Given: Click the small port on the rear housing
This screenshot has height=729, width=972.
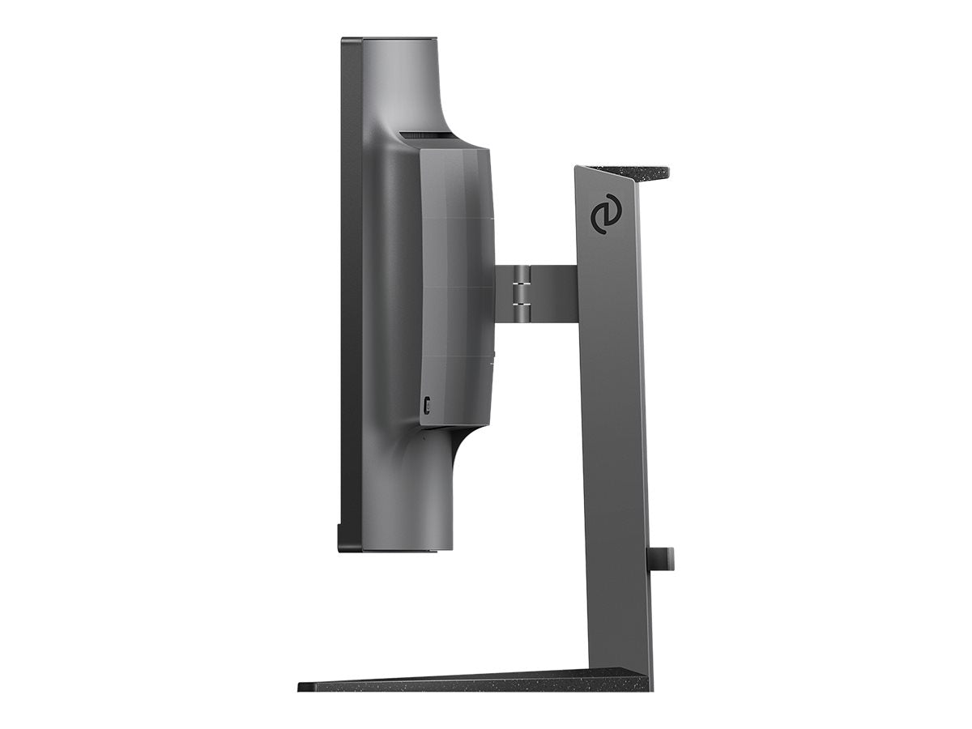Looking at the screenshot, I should pyautogui.click(x=427, y=403).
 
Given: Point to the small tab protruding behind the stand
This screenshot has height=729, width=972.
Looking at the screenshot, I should pyautogui.click(x=662, y=558).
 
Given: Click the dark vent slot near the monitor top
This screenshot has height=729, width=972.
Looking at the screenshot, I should pyautogui.click(x=425, y=134).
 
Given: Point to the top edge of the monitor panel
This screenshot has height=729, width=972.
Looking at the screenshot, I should pyautogui.click(x=389, y=38).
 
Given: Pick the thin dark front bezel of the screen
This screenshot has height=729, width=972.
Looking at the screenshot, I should pyautogui.click(x=351, y=292).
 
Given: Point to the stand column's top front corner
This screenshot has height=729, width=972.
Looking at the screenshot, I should pyautogui.click(x=578, y=168).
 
